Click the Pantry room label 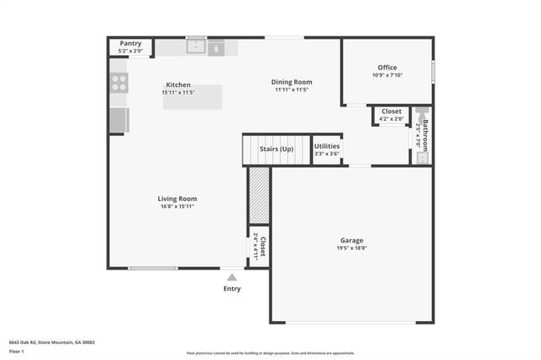[x=130, y=43]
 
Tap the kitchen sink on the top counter [x=196, y=47]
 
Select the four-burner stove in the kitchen [x=119, y=83]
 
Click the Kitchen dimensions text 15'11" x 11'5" [x=178, y=92]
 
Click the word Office [x=387, y=68]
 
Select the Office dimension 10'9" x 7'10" [x=387, y=75]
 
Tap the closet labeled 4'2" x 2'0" [x=391, y=114]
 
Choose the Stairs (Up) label [x=276, y=149]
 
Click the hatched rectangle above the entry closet [x=259, y=195]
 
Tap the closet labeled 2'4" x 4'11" [x=260, y=246]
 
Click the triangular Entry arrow [x=232, y=276]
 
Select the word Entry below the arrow [x=232, y=289]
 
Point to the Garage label [x=352, y=240]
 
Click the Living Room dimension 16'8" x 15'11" [x=177, y=206]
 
